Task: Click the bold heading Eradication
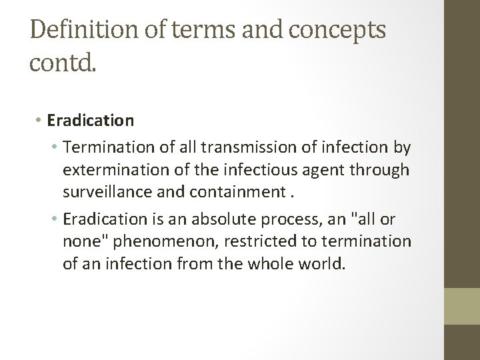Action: (91, 121)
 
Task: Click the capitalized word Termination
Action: (117, 146)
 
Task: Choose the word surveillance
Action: (109, 193)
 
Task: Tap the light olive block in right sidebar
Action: (462, 306)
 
